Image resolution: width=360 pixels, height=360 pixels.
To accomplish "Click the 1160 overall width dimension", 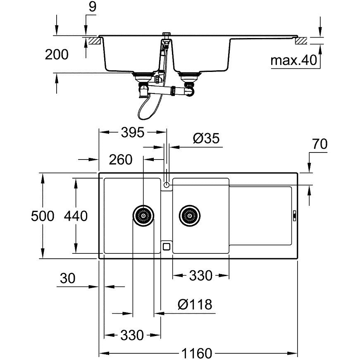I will [196, 353].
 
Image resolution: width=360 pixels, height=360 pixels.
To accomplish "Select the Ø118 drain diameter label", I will [195, 305].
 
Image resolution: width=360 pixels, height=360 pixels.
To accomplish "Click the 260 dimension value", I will [121, 159].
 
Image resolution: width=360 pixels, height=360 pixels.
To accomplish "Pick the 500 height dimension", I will [43, 216].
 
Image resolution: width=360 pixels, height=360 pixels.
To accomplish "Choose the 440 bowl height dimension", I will [76, 216].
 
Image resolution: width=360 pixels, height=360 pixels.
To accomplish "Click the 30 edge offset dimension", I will [67, 279].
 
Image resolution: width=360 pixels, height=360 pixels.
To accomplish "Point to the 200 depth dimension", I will [57, 54].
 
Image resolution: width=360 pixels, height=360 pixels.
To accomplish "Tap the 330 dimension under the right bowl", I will [200, 275].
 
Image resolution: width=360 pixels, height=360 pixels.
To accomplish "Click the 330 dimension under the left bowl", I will [132, 334].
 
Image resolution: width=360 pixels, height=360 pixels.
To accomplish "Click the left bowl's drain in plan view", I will [143, 215].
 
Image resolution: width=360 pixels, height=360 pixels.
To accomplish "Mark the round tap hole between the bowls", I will [166, 184].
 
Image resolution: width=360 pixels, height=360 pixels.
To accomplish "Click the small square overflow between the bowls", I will [166, 246].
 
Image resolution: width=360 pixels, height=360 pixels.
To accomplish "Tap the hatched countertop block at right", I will [301, 41].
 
